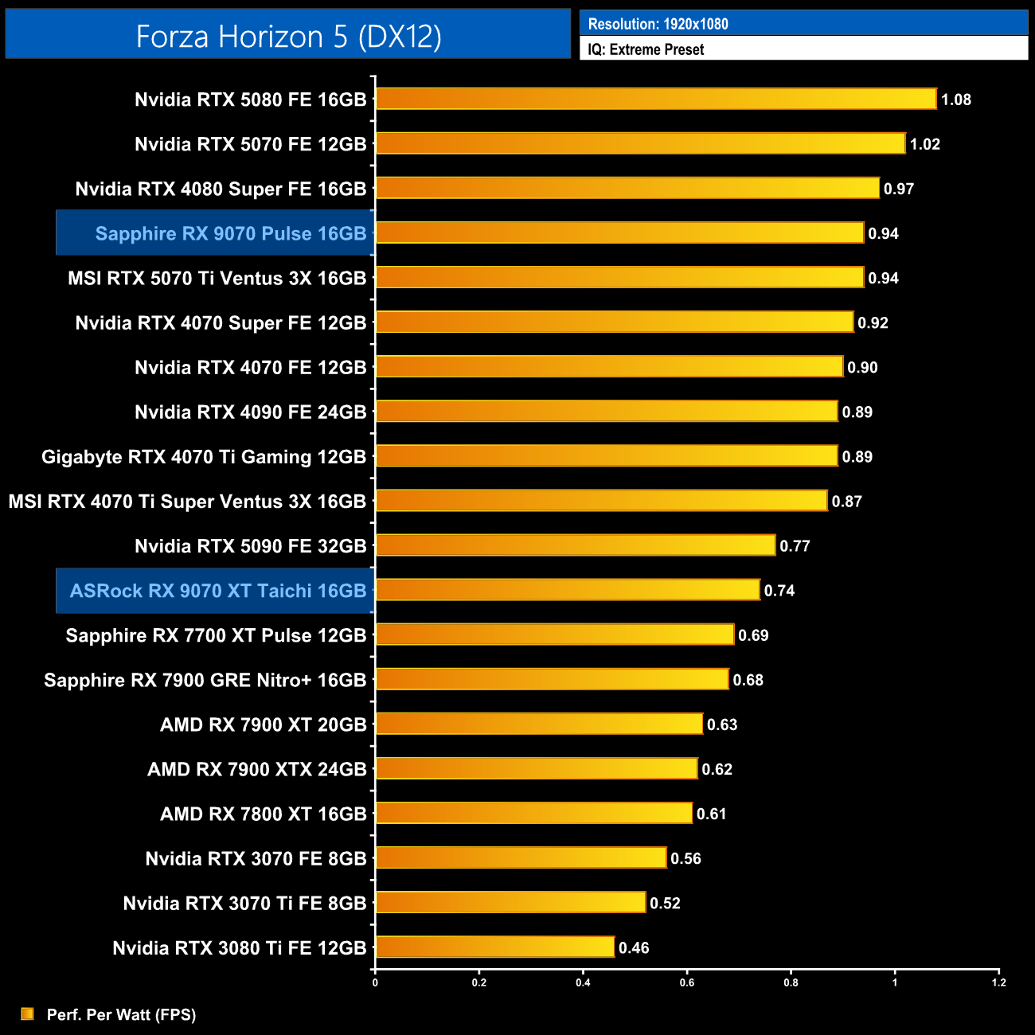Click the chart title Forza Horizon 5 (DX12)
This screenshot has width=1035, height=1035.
tap(288, 37)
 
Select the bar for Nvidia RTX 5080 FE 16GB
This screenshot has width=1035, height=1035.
tap(656, 99)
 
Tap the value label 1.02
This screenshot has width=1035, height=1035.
tap(924, 144)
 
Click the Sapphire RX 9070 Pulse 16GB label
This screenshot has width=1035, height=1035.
tap(230, 233)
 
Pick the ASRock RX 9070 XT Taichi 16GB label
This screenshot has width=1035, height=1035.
tap(217, 591)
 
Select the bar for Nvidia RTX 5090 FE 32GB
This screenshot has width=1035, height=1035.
tap(575, 545)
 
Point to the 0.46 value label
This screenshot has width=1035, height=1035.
tap(634, 947)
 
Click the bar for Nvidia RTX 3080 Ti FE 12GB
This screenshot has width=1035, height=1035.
tap(494, 947)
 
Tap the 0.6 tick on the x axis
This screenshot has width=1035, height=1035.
tap(686, 982)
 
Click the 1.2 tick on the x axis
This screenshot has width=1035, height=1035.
tap(998, 982)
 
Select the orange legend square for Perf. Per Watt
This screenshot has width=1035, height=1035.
tap(28, 1014)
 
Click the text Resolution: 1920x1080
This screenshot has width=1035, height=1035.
tap(658, 24)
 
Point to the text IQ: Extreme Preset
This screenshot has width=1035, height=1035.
tap(646, 49)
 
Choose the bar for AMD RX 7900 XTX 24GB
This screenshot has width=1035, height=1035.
tap(536, 768)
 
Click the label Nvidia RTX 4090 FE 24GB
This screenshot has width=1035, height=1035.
tap(250, 412)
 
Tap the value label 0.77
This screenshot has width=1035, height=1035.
tap(795, 546)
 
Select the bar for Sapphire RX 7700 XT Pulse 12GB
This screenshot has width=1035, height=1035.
tap(554, 635)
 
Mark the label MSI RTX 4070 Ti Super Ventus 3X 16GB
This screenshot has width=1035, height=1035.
tap(187, 502)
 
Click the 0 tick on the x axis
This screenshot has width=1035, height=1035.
tap(375, 982)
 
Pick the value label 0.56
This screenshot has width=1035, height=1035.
tap(685, 858)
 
